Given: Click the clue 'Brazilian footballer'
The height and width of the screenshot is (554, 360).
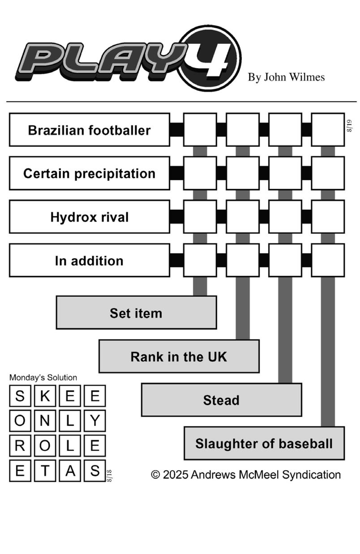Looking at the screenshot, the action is pyautogui.click(x=90, y=130).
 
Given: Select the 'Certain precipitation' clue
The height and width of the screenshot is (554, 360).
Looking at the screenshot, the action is pyautogui.click(x=90, y=173).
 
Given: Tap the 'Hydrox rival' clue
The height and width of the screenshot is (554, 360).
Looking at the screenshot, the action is pyautogui.click(x=90, y=217).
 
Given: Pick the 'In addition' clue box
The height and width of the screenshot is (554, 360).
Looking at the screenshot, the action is pyautogui.click(x=90, y=261).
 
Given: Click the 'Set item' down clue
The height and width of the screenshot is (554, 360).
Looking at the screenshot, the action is pyautogui.click(x=137, y=313).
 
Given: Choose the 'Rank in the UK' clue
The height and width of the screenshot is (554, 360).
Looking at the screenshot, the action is pyautogui.click(x=179, y=356).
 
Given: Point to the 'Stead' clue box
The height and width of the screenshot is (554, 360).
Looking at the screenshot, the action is pyautogui.click(x=222, y=400).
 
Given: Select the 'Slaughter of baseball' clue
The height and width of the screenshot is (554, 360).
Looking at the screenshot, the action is pyautogui.click(x=264, y=443).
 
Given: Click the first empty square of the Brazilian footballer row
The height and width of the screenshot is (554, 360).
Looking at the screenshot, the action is pyautogui.click(x=200, y=130).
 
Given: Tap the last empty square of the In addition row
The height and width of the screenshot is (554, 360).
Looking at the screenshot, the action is pyautogui.click(x=328, y=261).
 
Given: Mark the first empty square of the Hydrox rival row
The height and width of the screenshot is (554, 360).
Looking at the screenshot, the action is pyautogui.click(x=200, y=217).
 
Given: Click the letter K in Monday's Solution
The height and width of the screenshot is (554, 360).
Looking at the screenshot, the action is pyautogui.click(x=45, y=396).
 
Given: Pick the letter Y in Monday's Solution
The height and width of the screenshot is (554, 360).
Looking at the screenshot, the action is pyautogui.click(x=95, y=421).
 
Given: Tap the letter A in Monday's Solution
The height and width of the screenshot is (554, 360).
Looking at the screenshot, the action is pyautogui.click(x=70, y=470).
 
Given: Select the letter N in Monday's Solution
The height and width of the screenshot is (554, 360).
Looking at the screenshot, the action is pyautogui.click(x=45, y=421).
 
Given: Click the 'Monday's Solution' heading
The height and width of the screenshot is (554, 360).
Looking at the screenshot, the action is pyautogui.click(x=43, y=378).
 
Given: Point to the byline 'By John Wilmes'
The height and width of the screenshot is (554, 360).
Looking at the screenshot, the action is pyautogui.click(x=286, y=77).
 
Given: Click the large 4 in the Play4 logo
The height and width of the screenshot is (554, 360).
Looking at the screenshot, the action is pyautogui.click(x=213, y=60).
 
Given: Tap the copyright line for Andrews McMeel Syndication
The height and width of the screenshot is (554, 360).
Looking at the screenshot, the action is pyautogui.click(x=246, y=475).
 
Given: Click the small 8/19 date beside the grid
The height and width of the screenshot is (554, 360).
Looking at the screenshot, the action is pyautogui.click(x=349, y=126).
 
